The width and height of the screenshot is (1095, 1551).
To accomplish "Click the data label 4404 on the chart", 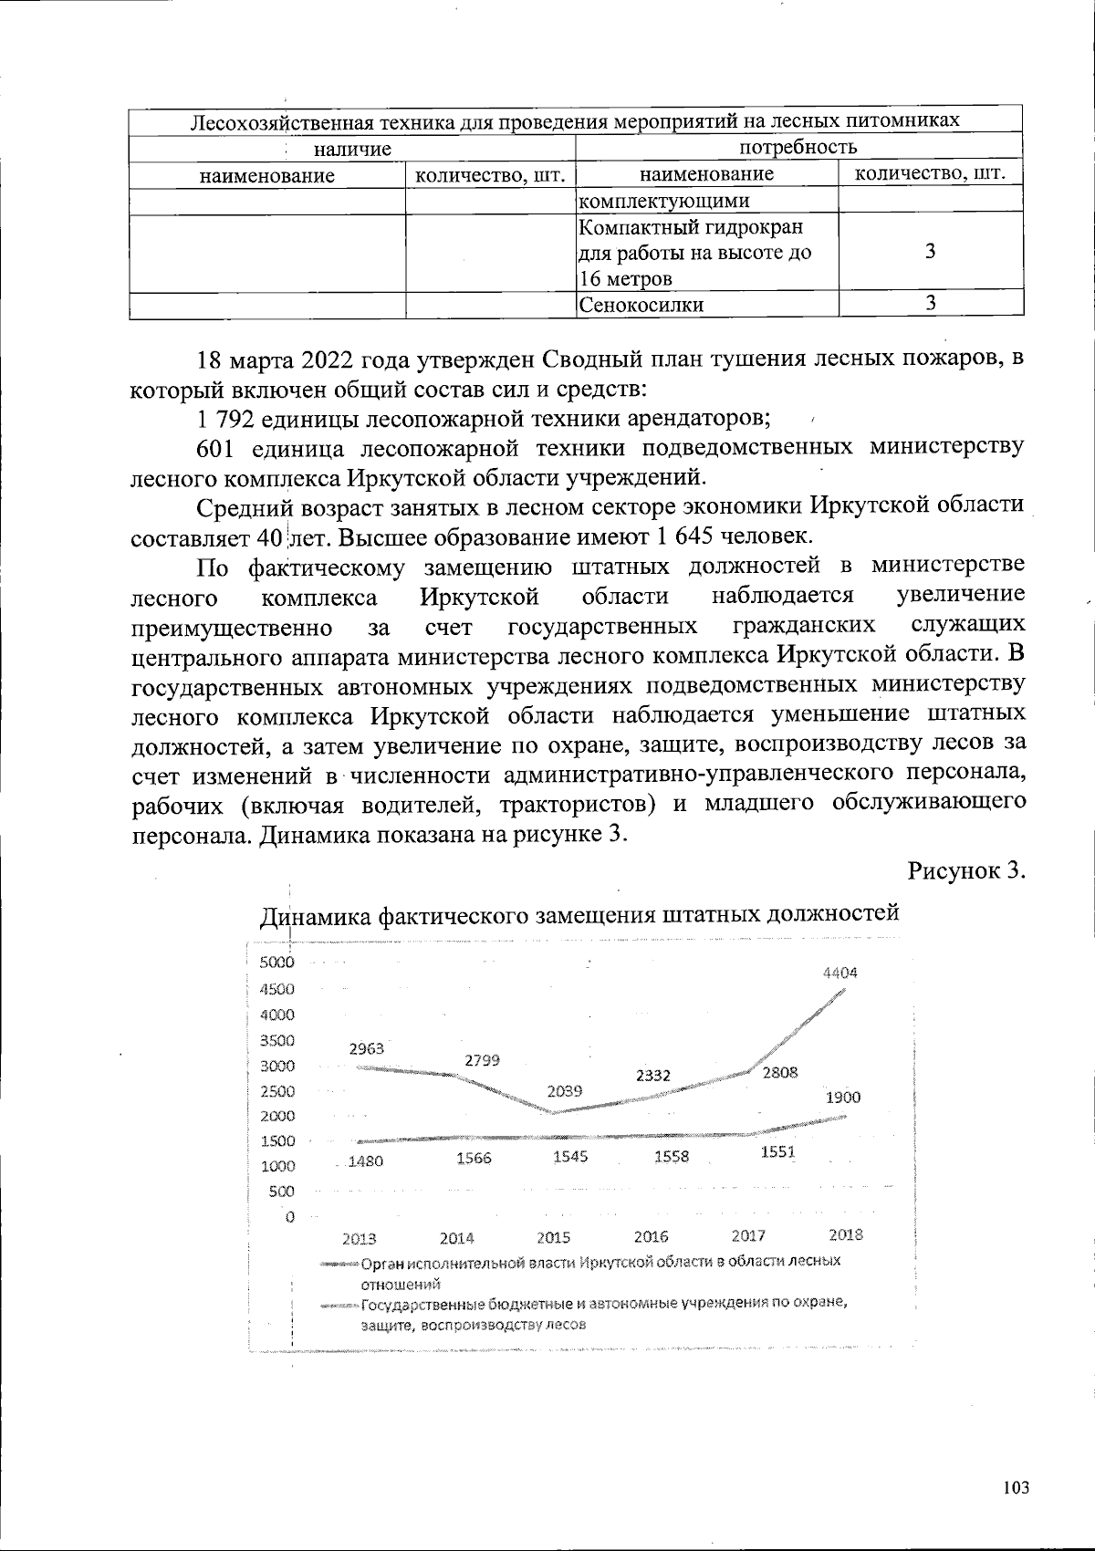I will (x=840, y=973).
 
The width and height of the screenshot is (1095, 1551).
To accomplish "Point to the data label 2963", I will (x=367, y=1048).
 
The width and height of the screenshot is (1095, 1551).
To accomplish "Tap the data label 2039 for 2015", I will (x=566, y=1090).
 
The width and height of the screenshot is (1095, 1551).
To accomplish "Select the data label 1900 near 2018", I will (x=843, y=1098).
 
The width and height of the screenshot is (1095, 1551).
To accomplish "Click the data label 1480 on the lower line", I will (x=365, y=1161).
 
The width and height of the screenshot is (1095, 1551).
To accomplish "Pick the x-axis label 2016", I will (x=651, y=1237).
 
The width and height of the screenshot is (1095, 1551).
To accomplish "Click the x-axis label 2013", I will (x=360, y=1239).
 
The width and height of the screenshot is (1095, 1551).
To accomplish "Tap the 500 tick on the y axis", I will (x=282, y=1191).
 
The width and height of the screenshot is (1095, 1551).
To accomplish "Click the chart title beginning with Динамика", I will (x=580, y=913).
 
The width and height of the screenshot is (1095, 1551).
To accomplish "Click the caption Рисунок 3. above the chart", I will (x=967, y=869).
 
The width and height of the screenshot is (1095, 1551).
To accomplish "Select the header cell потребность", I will (x=798, y=147).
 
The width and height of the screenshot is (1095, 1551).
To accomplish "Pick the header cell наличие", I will (x=352, y=149).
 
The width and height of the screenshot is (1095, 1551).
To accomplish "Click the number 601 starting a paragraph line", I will (x=217, y=447).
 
